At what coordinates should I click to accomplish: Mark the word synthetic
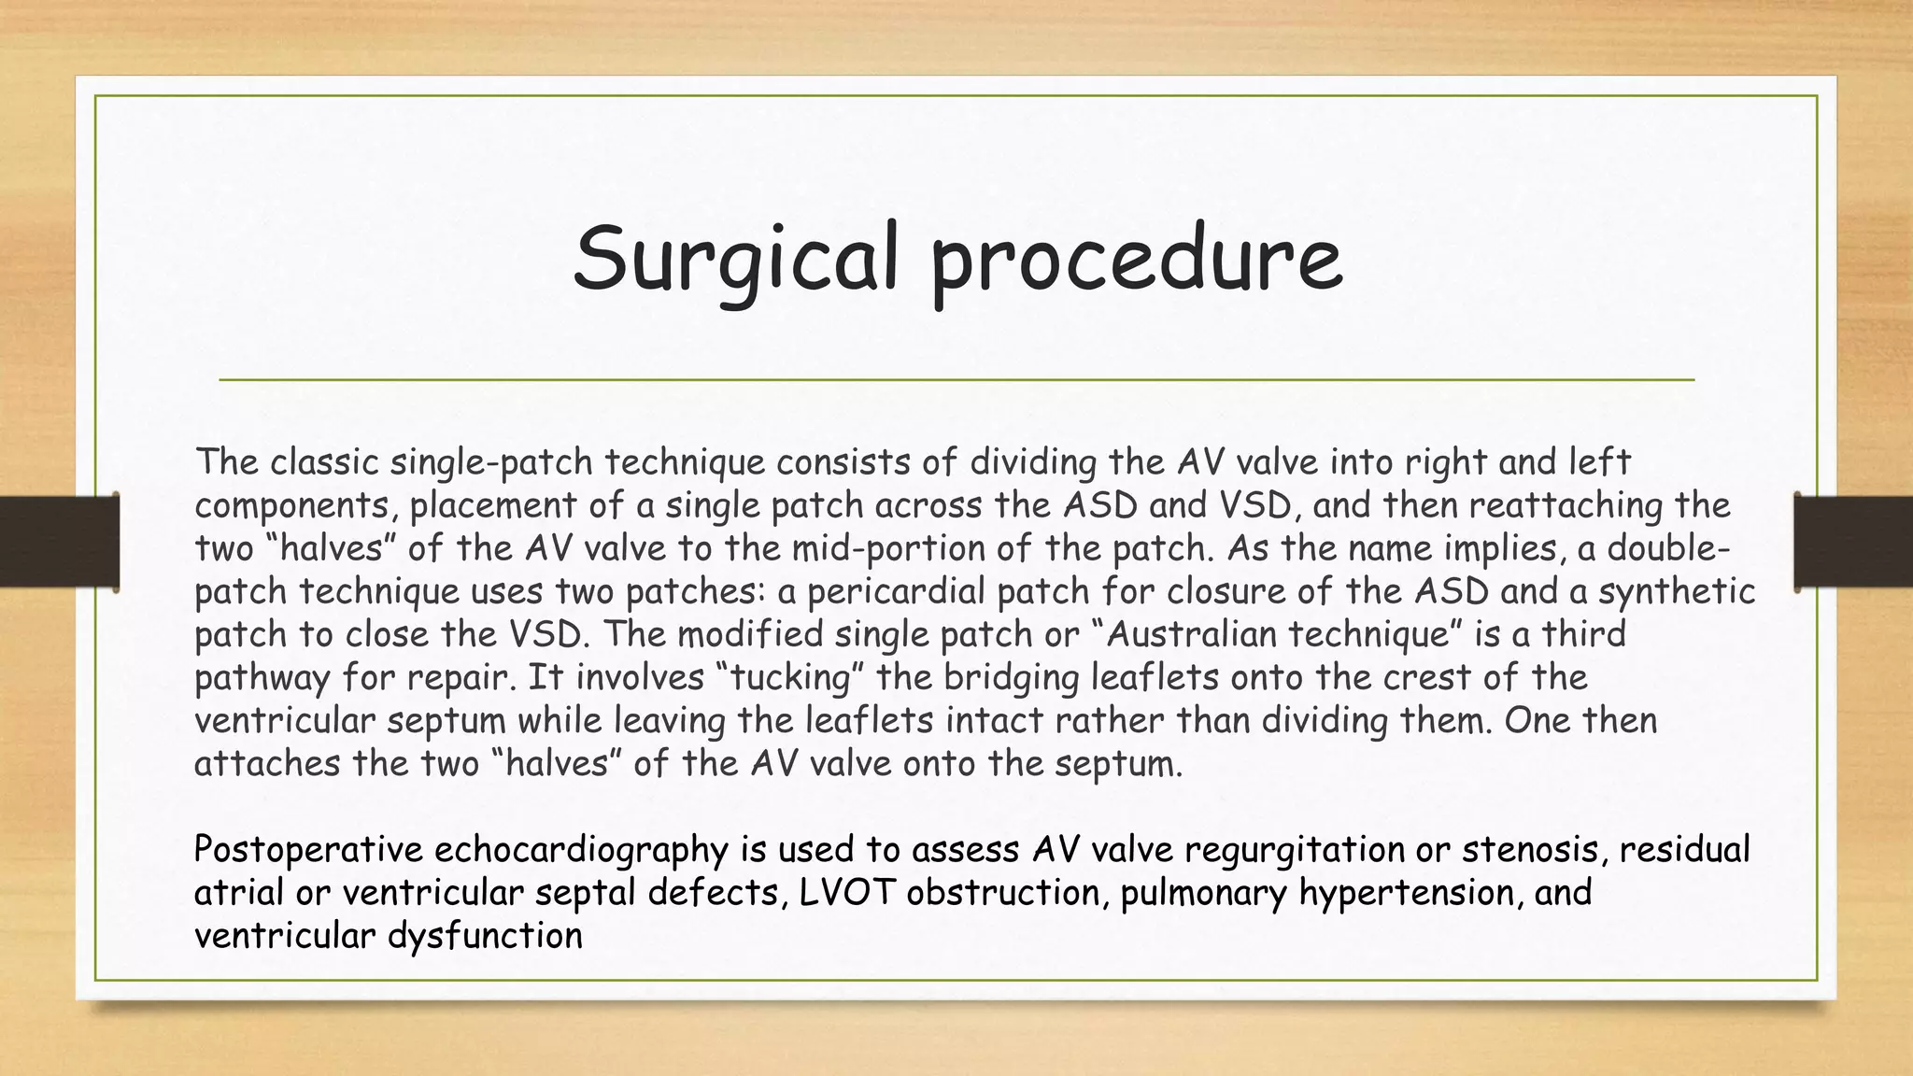coord(1677,591)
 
